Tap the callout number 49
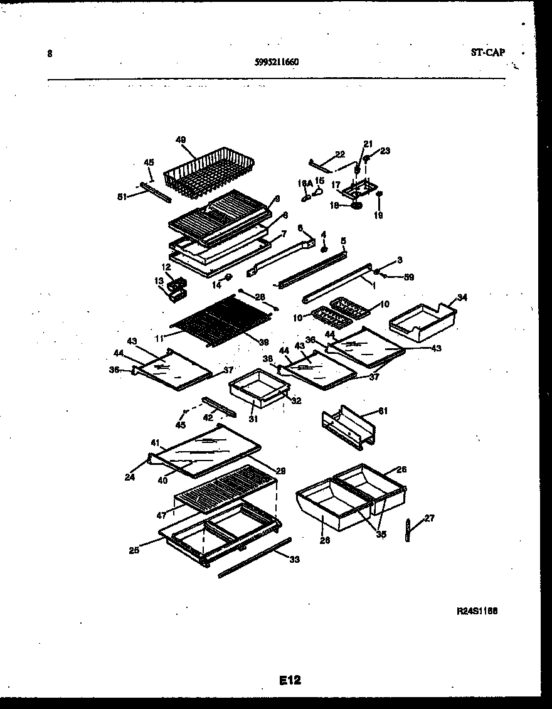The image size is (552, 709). [181, 140]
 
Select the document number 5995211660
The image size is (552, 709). [276, 61]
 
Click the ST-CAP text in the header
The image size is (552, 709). [487, 53]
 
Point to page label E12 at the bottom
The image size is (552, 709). [290, 680]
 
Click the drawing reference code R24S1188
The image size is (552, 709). [477, 610]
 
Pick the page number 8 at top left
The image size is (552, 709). [50, 54]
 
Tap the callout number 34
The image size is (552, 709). [462, 297]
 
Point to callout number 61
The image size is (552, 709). [384, 411]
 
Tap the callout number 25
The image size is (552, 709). [134, 550]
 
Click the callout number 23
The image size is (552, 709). [385, 151]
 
